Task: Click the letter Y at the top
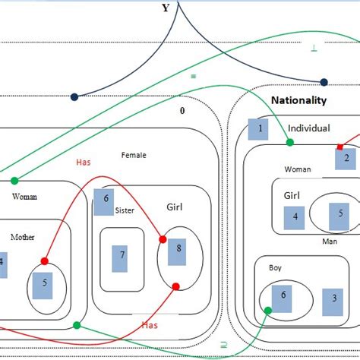coord(166,8)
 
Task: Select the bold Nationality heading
coord(298,100)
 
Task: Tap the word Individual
coord(309,128)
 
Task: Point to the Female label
coord(134,155)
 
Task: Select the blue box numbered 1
coord(258,129)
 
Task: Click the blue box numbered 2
coord(346,158)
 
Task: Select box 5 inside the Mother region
coord(45,283)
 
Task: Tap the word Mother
coord(23,237)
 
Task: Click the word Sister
coord(125,210)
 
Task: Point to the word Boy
coord(275,268)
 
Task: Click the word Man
coord(330,242)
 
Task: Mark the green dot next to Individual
coord(289,142)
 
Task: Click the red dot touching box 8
coord(162,239)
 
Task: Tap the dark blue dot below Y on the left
coord(74,97)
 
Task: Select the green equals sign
coord(194,77)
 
